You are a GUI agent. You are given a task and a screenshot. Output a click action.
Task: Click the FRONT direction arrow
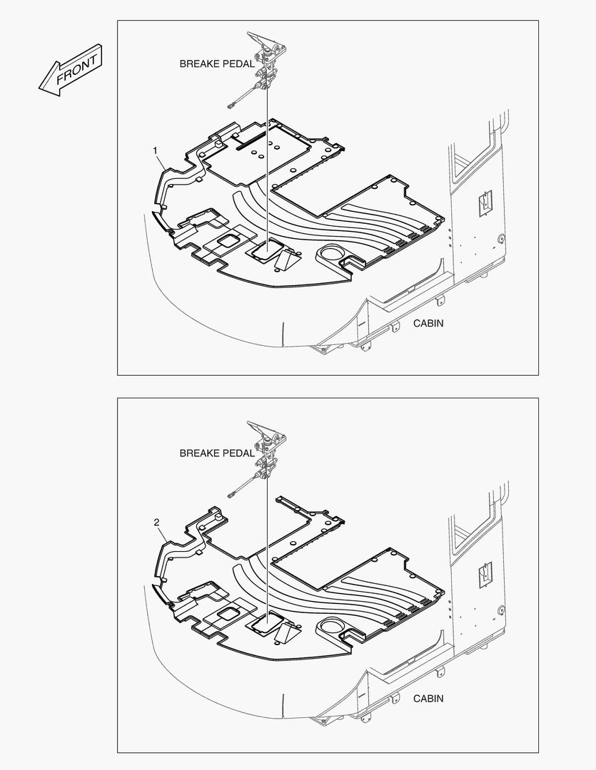click(71, 70)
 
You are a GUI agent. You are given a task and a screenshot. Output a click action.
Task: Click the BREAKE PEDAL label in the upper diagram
click(217, 64)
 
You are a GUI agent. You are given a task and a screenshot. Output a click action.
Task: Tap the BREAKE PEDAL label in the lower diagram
click(217, 453)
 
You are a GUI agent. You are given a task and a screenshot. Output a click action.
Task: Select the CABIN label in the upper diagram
click(428, 323)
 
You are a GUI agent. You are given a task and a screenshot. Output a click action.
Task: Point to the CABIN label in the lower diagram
click(428, 698)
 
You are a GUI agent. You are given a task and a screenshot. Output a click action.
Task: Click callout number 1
click(156, 150)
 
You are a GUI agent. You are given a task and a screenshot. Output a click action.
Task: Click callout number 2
click(156, 523)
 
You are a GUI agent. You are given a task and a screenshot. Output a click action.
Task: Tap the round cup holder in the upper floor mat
click(329, 255)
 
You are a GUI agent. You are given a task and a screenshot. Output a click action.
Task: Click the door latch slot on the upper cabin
click(485, 202)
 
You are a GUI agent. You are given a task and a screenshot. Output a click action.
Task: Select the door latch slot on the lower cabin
click(485, 574)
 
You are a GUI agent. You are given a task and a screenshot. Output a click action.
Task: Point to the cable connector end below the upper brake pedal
click(231, 104)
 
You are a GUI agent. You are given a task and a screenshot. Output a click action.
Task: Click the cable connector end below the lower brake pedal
click(231, 495)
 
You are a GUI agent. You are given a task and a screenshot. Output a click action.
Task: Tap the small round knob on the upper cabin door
click(501, 239)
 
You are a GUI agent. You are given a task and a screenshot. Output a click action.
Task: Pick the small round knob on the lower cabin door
click(501, 610)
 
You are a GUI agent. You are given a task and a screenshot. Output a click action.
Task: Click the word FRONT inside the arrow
click(76, 69)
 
